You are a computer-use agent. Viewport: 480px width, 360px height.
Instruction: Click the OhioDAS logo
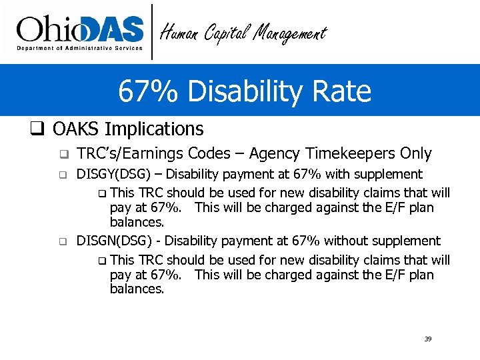point(80,31)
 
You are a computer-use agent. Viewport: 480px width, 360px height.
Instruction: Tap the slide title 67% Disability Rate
point(245,91)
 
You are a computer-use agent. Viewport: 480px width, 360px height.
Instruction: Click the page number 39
point(428,339)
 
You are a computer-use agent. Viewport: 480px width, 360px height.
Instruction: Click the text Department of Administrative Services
point(80,48)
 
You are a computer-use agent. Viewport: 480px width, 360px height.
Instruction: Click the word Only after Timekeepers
point(416,153)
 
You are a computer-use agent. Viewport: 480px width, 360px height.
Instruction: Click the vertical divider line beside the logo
point(153,31)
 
